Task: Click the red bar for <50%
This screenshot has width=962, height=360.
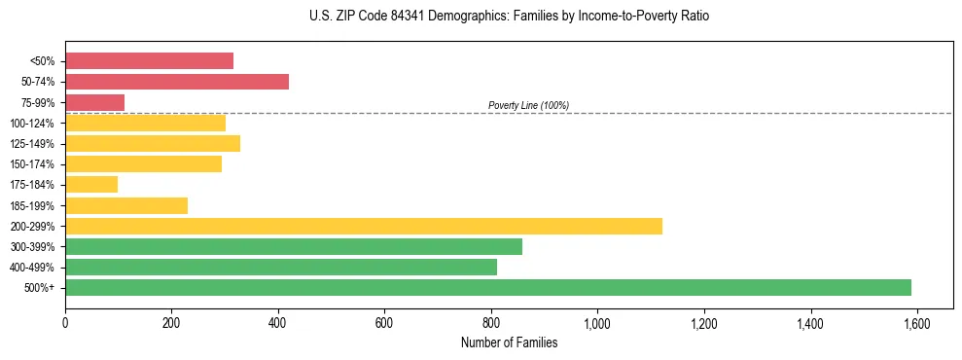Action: point(149,61)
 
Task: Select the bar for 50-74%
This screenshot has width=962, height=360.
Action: point(177,82)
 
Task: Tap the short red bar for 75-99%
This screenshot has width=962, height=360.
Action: point(94,102)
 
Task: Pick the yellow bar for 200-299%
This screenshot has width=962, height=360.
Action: point(364,226)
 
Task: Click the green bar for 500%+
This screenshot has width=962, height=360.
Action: point(488,287)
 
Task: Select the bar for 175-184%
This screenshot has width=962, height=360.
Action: point(91,184)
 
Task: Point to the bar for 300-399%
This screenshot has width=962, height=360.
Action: point(294,246)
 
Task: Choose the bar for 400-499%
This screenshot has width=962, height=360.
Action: point(281,267)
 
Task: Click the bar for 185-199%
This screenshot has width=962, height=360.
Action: point(126,205)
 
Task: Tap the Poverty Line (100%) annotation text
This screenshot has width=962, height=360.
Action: point(528,105)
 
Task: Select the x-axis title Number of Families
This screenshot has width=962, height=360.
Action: point(509,342)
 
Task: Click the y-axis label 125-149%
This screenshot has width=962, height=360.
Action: point(32,144)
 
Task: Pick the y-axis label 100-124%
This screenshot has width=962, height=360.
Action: point(32,124)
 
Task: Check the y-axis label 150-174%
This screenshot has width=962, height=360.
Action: point(32,164)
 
